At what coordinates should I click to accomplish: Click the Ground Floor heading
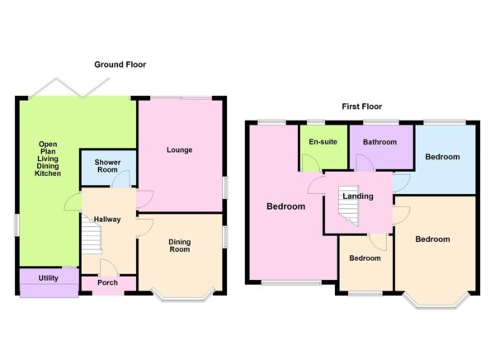point(120,64)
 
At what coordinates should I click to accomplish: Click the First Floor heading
point(362,107)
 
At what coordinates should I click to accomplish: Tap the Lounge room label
point(179,150)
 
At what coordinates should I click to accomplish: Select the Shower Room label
point(108,166)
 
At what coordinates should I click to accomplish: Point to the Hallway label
point(107,219)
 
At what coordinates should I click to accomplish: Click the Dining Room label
point(180,246)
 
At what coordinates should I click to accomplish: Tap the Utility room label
point(48,278)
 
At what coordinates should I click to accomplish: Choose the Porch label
point(107,283)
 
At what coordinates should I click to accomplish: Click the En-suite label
point(323,142)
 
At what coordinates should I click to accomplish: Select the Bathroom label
point(379,142)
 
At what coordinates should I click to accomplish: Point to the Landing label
point(357,197)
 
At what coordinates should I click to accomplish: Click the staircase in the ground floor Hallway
point(91,239)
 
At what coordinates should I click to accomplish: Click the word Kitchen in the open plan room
point(49,174)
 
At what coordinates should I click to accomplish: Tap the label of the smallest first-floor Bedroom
point(365,258)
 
